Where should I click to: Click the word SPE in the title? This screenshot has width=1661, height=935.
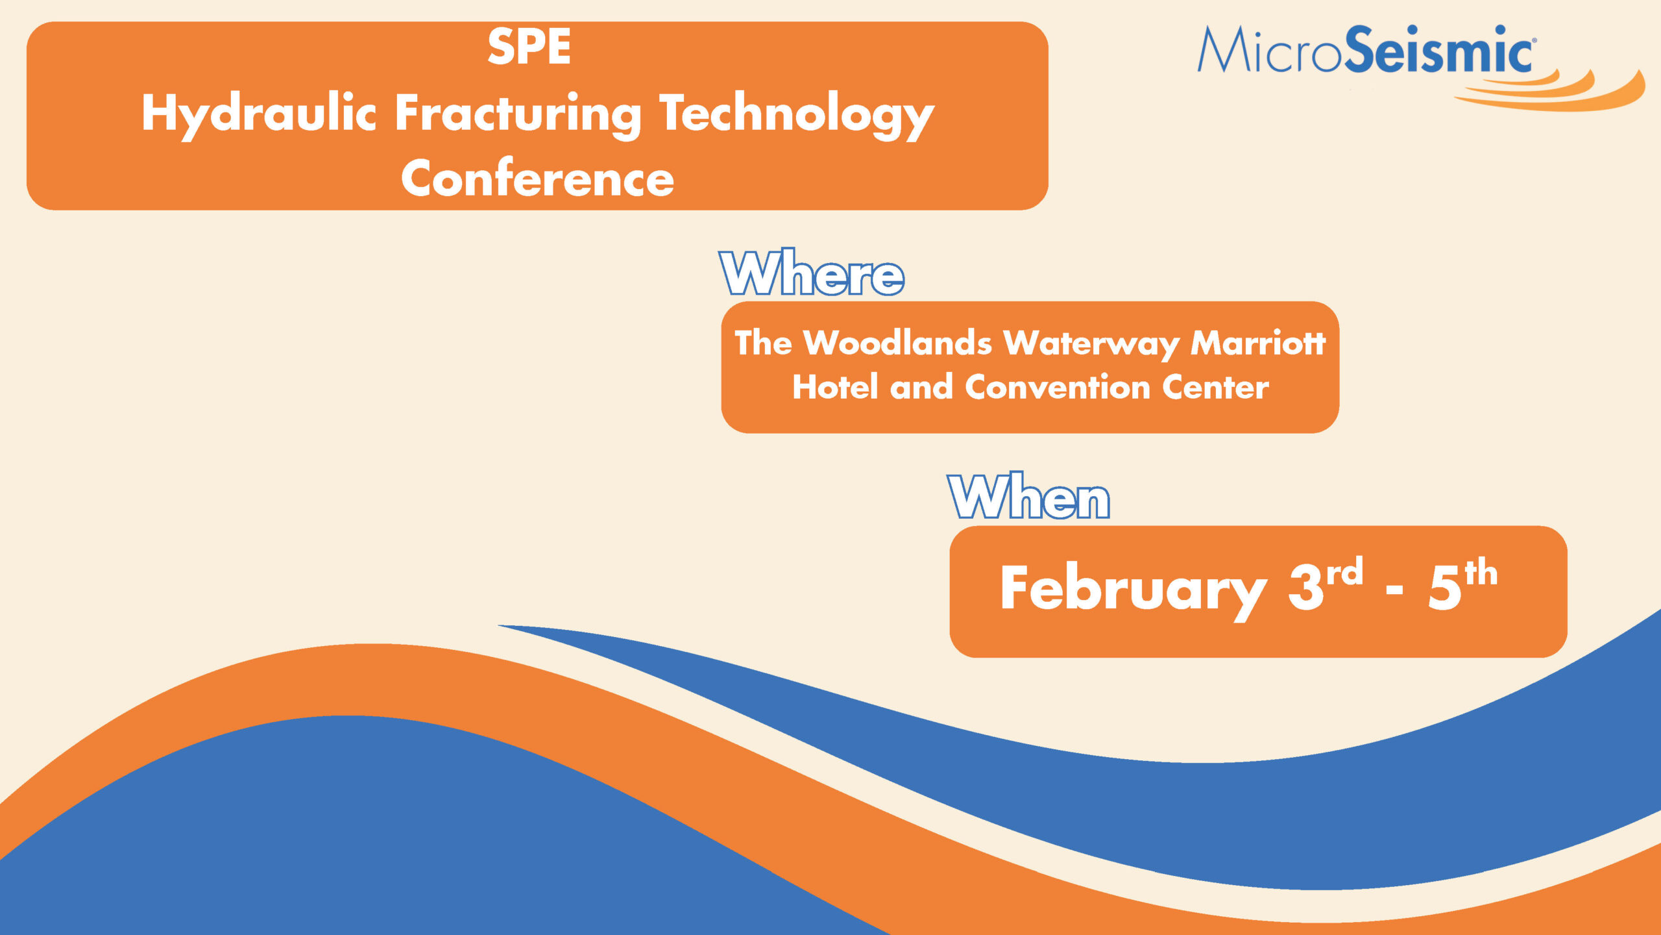529,47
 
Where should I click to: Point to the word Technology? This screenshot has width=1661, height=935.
797,116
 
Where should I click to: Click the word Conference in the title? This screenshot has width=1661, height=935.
538,177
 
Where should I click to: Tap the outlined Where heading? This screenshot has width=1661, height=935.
812,273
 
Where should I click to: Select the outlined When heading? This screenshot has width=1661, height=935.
1029,496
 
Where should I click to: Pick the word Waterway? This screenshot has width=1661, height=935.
1091,343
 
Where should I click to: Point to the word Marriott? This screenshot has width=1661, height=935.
1258,342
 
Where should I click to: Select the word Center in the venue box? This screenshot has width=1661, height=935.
1215,386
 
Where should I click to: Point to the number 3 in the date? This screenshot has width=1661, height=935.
1305,588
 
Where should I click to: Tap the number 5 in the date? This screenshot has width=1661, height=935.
1445,588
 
